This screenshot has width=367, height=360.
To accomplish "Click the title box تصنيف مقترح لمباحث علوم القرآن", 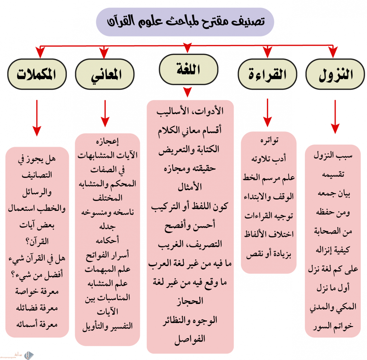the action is (x=185, y=22).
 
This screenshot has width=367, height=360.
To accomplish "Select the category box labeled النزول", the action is (x=335, y=74).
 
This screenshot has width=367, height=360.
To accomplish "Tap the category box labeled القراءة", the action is (x=267, y=74).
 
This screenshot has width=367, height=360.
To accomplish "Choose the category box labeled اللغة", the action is (x=188, y=69).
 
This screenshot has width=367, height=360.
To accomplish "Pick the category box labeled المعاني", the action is (x=105, y=74).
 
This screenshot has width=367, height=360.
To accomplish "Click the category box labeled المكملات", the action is (x=37, y=74).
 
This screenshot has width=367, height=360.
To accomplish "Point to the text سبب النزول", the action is (x=333, y=155).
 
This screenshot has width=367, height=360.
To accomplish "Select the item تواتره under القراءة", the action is (x=269, y=140).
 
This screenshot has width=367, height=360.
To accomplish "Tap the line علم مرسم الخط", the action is (x=268, y=178).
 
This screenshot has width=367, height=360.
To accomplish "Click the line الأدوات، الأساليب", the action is (x=190, y=111).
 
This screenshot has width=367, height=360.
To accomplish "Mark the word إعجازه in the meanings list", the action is (x=107, y=141).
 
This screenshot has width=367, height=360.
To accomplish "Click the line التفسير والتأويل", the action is (x=107, y=326).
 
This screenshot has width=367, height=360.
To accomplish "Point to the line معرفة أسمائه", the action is (x=37, y=324).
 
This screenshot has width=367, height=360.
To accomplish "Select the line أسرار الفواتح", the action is (x=107, y=255).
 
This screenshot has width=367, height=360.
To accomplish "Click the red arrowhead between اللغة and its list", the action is (x=188, y=92).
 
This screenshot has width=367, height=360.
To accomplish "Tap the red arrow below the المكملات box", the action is (x=37, y=118).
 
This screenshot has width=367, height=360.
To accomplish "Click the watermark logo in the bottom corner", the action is (x=29, y=355).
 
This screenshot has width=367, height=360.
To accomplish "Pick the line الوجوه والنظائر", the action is (x=190, y=320).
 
